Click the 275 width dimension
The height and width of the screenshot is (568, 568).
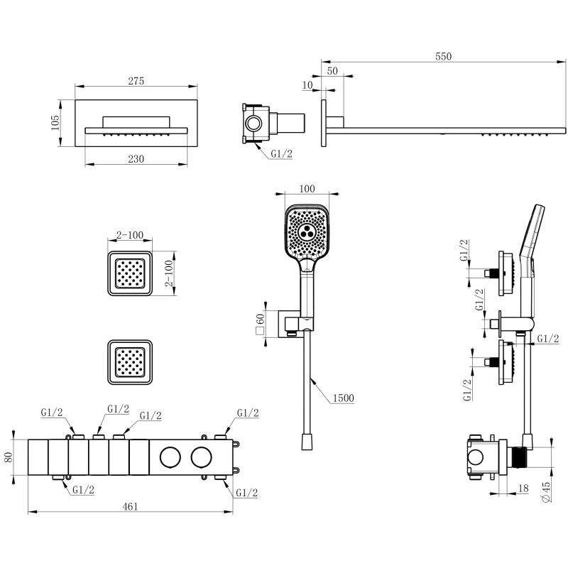pyautogui.click(x=136, y=81)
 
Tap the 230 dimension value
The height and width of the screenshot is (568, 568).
pyautogui.click(x=137, y=159)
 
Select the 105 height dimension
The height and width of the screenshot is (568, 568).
pyautogui.click(x=55, y=124)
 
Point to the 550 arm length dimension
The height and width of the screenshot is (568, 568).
pyautogui.click(x=442, y=56)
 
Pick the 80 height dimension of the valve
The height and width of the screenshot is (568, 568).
pyautogui.click(x=9, y=458)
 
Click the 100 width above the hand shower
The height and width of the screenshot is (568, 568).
pyautogui.click(x=307, y=188)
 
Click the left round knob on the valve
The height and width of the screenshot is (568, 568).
pyautogui.click(x=170, y=457)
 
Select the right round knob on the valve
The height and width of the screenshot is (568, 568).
pyautogui.click(x=202, y=457)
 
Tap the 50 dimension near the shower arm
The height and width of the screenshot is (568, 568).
pyautogui.click(x=333, y=70)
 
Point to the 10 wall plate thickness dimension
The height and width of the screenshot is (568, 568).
pyautogui.click(x=307, y=86)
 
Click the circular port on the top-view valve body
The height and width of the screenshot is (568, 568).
pyautogui.click(x=253, y=124)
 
